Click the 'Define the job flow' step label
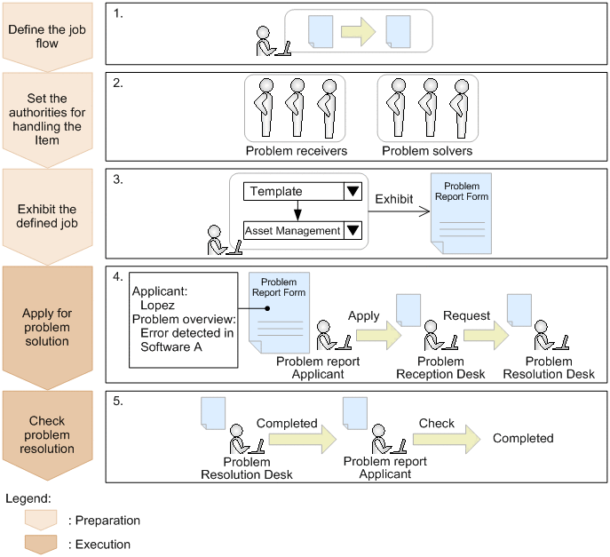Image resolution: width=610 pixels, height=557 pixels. (47, 36)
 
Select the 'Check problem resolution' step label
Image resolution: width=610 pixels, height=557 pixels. (47, 423)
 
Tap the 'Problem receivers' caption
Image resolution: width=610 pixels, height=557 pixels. (296, 151)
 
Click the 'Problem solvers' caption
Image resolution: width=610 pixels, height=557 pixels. (428, 151)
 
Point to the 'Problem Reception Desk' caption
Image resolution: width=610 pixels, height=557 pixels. (440, 368)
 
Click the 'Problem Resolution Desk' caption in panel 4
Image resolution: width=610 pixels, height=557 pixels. (549, 368)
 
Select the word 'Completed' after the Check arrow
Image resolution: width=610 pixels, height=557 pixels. (523, 438)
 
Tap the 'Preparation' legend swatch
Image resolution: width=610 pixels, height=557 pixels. (40, 520)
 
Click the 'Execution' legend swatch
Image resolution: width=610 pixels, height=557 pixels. (40, 544)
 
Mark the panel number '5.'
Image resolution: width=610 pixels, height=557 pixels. (118, 401)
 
